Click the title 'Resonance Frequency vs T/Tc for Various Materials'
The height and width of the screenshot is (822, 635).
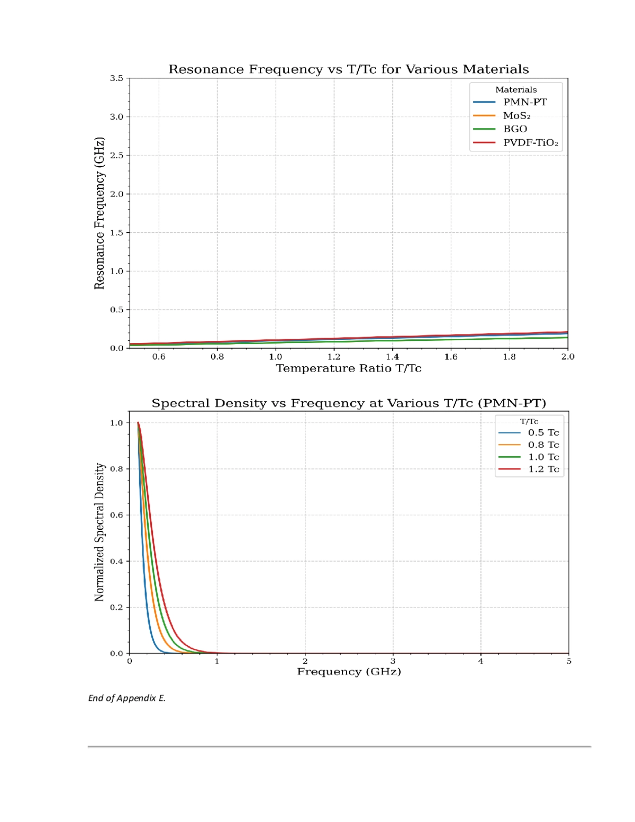coord(349,69)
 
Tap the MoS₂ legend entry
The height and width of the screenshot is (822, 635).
coord(516,116)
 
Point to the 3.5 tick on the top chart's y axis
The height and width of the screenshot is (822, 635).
coord(116,78)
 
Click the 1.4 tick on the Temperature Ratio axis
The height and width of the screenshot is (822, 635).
coord(392,357)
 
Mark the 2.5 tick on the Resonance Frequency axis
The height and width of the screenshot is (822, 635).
coord(116,156)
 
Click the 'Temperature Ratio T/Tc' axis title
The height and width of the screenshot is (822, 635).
coord(349,368)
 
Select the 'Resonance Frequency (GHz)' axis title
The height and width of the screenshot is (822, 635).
coord(99,213)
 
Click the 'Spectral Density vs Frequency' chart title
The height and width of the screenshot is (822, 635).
coord(349,403)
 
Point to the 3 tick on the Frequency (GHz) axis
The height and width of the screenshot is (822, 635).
coord(393,661)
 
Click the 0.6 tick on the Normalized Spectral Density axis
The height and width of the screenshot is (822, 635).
coord(116,515)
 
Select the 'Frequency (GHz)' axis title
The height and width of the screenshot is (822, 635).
coord(349,672)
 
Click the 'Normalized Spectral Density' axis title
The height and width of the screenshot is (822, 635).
coord(99,532)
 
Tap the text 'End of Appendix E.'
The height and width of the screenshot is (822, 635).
coord(127,698)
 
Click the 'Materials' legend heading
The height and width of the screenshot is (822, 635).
coord(516,89)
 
